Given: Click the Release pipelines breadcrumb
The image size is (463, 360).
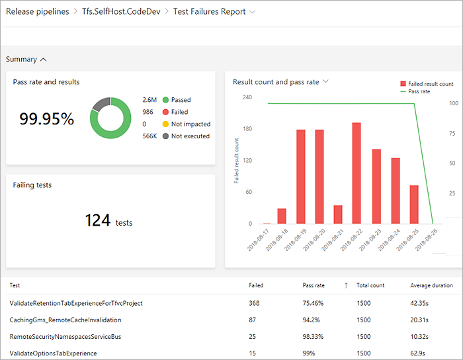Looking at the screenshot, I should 37,12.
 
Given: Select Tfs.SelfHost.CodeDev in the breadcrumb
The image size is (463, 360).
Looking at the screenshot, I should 120,12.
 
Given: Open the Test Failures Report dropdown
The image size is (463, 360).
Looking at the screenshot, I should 214,12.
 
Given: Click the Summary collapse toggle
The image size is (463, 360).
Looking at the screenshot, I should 26,60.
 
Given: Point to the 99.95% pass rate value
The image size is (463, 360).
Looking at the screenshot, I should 46,119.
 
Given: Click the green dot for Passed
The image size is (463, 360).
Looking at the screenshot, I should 165,100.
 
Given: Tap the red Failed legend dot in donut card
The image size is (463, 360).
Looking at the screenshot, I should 165,112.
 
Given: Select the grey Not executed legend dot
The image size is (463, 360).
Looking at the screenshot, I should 165,136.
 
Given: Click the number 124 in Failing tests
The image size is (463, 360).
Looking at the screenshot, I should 98,220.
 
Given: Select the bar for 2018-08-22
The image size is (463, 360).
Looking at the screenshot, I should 357,173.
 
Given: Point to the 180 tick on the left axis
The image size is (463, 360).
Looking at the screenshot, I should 247,128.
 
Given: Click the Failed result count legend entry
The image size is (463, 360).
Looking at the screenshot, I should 427,84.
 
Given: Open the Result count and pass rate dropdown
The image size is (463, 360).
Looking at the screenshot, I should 280,82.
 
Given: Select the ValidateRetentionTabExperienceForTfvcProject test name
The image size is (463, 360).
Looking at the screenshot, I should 76,303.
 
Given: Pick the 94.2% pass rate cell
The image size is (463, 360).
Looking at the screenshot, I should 310,320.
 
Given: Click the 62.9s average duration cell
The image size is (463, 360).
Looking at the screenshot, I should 417,353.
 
